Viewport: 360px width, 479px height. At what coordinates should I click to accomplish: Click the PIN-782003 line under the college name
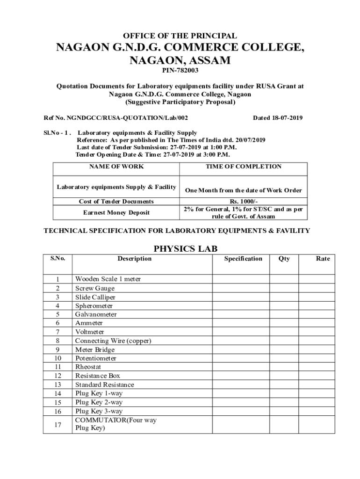[x=180, y=71]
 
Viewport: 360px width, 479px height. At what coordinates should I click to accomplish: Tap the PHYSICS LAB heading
[x=180, y=249]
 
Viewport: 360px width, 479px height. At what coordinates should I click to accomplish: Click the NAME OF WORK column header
[x=116, y=167]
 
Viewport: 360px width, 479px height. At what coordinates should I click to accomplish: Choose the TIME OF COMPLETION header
[x=243, y=167]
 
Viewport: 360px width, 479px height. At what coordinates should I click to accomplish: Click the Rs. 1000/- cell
[x=243, y=202]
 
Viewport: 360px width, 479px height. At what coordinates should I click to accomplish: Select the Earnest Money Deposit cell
[x=116, y=213]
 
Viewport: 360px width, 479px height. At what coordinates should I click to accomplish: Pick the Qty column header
[x=284, y=259]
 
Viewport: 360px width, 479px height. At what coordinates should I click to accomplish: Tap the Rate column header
[x=323, y=259]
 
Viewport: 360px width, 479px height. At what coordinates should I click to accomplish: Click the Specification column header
[x=243, y=259]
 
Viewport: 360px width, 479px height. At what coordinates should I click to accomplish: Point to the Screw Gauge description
[x=95, y=288]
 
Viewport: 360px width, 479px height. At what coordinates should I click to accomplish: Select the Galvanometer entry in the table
[x=96, y=314]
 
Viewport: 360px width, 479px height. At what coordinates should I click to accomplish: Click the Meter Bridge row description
[x=94, y=349]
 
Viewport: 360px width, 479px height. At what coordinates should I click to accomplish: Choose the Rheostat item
[x=88, y=367]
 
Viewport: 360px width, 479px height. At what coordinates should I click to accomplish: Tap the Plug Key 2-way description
[x=99, y=402]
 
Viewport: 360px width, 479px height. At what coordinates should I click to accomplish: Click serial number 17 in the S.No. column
[x=58, y=424]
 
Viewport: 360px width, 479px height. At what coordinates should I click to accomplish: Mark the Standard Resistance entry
[x=104, y=385]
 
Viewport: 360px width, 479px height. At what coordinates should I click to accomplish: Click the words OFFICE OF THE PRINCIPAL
[x=180, y=36]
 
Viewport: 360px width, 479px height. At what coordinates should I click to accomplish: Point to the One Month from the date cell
[x=243, y=190]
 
